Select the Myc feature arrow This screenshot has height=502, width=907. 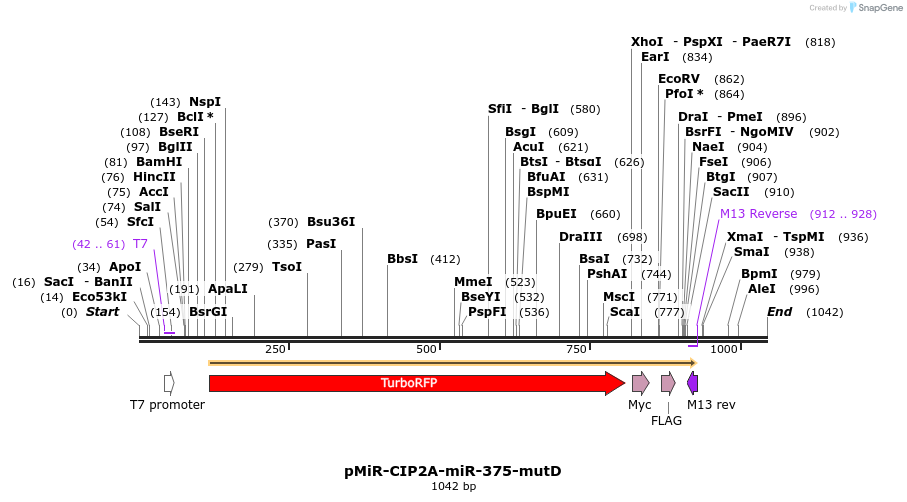[x=640, y=383]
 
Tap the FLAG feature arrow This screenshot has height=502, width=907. [x=668, y=383]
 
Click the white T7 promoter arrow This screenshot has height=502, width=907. [x=169, y=383]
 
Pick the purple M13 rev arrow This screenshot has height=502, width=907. [x=692, y=383]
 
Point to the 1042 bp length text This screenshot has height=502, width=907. [x=453, y=487]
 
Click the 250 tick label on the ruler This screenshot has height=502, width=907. [x=275, y=349]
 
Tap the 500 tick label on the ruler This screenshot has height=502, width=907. [x=427, y=349]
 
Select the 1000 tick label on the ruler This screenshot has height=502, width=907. [x=723, y=349]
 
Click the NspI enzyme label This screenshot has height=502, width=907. [x=205, y=102]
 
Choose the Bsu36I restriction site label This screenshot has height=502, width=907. [x=331, y=222]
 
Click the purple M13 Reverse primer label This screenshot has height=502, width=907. [x=759, y=214]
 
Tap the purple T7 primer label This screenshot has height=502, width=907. [x=140, y=244]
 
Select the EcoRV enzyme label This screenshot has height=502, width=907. [x=679, y=79]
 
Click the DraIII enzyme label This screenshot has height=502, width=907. [x=581, y=237]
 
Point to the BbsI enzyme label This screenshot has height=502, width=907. [x=402, y=259]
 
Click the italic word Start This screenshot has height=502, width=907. [x=102, y=312]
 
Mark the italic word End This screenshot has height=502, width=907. [x=779, y=312]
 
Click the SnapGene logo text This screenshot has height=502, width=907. [x=877, y=8]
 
